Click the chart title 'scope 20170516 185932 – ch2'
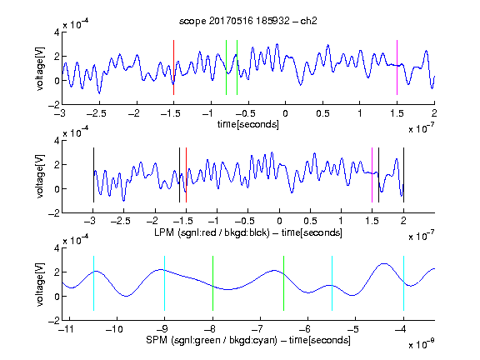(248, 21)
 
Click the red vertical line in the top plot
(173, 67)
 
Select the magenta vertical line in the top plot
(397, 67)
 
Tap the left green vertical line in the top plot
(226, 67)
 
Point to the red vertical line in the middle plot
(186, 175)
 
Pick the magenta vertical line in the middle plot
(372, 175)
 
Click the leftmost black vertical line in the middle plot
(93, 175)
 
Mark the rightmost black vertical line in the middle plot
(403, 175)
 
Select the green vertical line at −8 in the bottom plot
(212, 283)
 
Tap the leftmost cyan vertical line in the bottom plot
(93, 283)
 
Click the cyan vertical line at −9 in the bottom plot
(165, 283)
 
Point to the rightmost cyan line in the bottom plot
(403, 283)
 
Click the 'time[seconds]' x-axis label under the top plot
(248, 124)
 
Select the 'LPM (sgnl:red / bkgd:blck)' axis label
(212, 232)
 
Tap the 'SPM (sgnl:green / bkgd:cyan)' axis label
(212, 340)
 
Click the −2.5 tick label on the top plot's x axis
(96, 113)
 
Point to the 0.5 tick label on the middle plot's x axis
(310, 221)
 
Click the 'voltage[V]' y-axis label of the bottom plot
(40, 284)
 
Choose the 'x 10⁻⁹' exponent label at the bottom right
(422, 344)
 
